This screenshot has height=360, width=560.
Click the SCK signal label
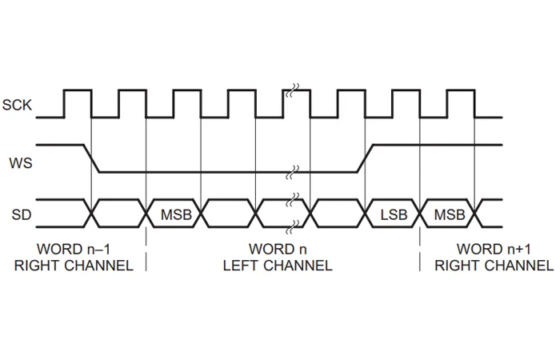pos(17,104)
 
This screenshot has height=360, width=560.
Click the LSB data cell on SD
pos(393,214)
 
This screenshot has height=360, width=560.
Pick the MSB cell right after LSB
pos(449,214)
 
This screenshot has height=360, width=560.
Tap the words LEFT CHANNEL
pos(278,265)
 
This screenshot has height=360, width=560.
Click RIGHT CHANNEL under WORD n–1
pos(73,265)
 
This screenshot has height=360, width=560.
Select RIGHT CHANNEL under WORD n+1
pos(488,265)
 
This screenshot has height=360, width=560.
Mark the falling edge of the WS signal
pos(91,158)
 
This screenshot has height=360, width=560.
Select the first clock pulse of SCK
pos(78,102)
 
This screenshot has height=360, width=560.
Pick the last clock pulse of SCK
pos(461,102)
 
